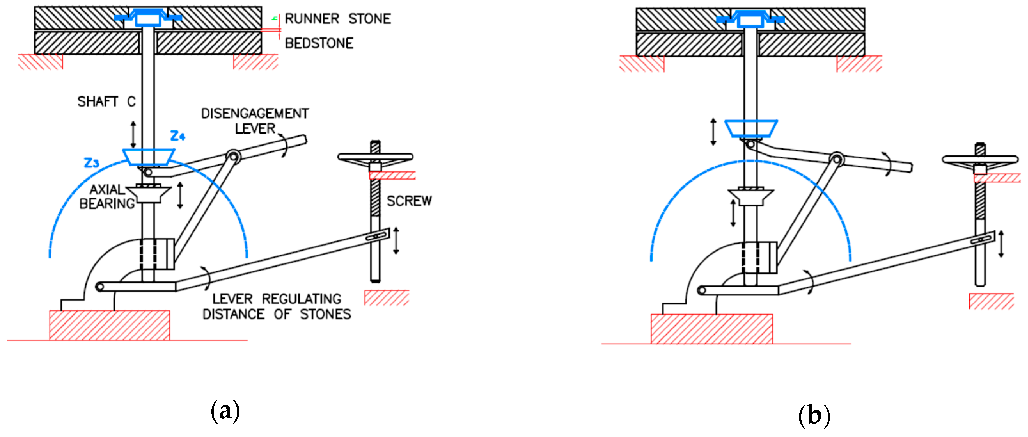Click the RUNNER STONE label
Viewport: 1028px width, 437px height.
(x=338, y=19)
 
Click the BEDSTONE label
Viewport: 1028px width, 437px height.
(x=319, y=43)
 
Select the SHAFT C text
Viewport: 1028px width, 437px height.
(x=106, y=101)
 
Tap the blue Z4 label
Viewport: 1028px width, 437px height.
(x=177, y=136)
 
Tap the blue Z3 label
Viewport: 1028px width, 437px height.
(x=91, y=163)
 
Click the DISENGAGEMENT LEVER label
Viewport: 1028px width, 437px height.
(x=255, y=121)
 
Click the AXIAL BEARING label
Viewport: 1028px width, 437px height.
(x=106, y=197)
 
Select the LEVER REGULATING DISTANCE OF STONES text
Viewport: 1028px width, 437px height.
(x=277, y=306)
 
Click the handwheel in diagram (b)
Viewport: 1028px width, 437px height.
(x=980, y=160)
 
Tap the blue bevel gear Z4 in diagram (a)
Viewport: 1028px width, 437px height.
(x=148, y=157)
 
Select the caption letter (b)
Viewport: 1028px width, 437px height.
(x=814, y=416)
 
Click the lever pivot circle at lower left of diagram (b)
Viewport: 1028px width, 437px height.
(x=702, y=290)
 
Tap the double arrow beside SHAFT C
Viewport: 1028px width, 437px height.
(x=133, y=134)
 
